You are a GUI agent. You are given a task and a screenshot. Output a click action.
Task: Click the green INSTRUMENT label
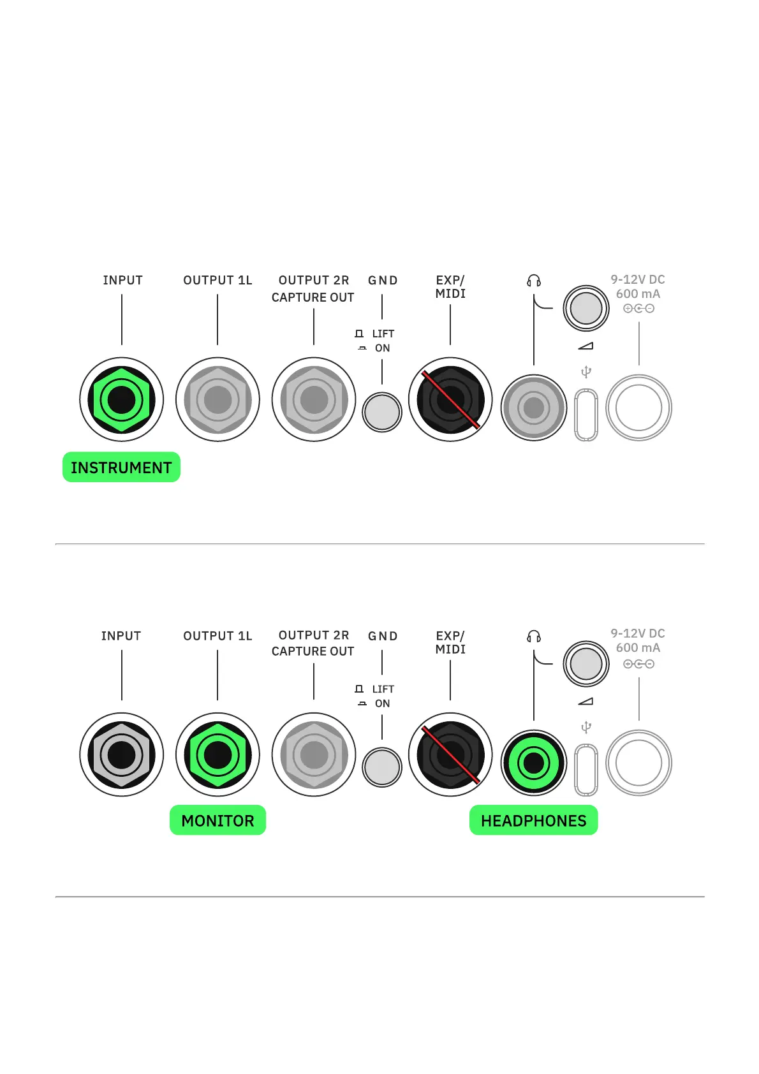point(121,467)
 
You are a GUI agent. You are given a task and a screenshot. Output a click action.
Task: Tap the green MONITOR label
point(217,820)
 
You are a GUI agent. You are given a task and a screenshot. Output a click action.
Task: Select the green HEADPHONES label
point(533,820)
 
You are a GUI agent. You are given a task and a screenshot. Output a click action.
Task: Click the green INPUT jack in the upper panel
point(122,400)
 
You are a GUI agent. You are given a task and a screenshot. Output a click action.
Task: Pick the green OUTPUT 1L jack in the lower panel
point(217,755)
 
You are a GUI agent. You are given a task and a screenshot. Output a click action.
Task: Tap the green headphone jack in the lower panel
point(534,763)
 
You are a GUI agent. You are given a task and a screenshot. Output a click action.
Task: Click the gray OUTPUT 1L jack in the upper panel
point(217,400)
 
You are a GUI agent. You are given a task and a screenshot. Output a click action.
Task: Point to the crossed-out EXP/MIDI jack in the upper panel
point(450,400)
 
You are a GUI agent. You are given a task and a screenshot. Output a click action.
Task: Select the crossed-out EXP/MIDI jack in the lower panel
point(450,755)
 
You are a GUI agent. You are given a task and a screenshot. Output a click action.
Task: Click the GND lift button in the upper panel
point(382,412)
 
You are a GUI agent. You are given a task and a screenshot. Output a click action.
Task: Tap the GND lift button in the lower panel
point(382,767)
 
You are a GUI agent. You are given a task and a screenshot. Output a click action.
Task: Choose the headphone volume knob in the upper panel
point(586,309)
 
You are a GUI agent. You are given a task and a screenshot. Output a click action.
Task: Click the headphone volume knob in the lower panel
point(586,664)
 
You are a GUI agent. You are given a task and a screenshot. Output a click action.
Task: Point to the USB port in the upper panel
point(586,415)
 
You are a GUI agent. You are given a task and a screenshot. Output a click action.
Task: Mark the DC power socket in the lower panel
point(638,763)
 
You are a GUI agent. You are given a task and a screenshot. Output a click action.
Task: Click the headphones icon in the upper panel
point(534,281)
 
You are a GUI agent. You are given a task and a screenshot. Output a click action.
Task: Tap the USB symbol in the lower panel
point(586,727)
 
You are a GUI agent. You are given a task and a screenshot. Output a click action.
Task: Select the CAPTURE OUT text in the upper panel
point(313,298)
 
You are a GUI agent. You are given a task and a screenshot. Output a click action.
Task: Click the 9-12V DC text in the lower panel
point(638,633)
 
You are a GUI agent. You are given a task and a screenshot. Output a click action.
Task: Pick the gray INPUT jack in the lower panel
point(122,755)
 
